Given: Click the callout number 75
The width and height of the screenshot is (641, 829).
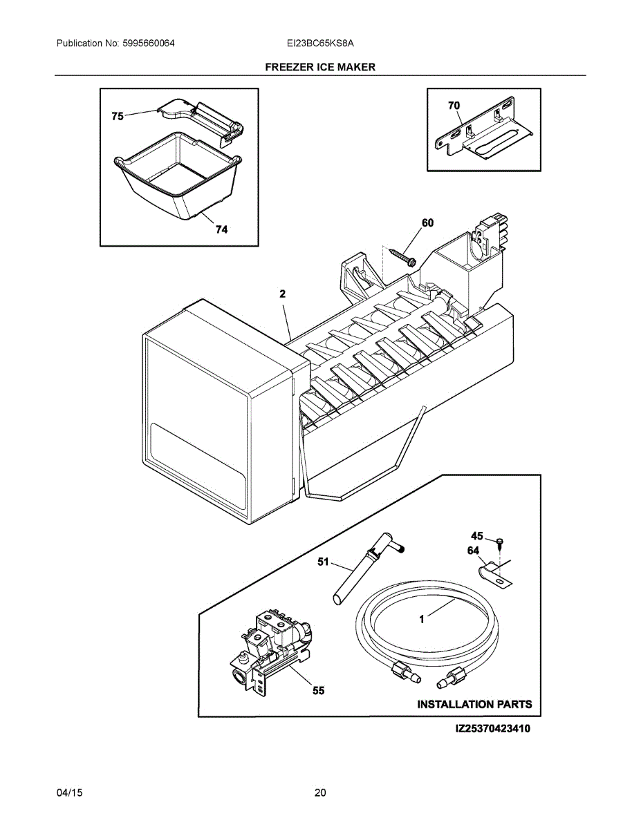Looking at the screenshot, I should click(118, 117).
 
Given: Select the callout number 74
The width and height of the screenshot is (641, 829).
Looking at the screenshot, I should click(221, 230).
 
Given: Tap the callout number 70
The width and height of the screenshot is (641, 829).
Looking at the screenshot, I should click(454, 106).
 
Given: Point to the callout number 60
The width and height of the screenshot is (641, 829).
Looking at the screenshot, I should click(428, 222).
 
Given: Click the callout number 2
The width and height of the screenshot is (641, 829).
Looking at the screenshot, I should click(282, 294).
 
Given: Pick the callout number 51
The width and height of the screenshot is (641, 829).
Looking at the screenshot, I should click(323, 562).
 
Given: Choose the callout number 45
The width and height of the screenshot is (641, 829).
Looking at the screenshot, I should click(477, 536).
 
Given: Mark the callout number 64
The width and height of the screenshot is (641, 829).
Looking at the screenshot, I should click(473, 551).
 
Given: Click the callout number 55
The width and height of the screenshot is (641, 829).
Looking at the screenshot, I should click(318, 690).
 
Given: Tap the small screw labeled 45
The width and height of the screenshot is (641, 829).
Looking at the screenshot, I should click(499, 540).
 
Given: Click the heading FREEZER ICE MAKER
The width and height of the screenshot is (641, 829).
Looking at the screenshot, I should click(320, 67).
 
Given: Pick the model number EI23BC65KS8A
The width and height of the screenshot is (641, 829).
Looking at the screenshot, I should click(320, 44).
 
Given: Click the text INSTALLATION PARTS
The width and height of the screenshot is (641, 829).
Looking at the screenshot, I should click(474, 705).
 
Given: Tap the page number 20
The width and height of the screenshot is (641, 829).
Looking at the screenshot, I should click(319, 792).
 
